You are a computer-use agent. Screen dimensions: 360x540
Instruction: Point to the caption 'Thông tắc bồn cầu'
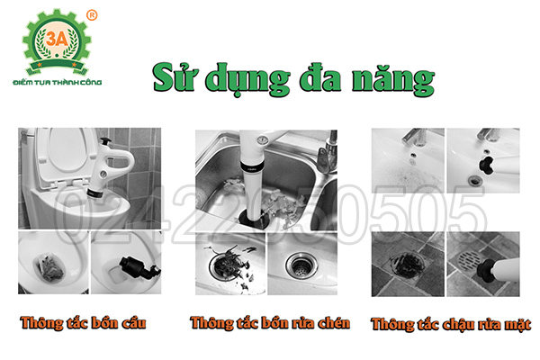[85, 322]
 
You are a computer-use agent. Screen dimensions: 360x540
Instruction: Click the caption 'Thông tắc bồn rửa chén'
[270, 322]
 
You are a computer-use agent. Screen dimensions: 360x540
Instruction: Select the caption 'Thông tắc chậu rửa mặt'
[450, 323]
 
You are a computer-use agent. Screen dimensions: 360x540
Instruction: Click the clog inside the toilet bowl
[51, 263]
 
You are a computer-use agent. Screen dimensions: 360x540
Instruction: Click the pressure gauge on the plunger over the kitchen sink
[261, 139]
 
